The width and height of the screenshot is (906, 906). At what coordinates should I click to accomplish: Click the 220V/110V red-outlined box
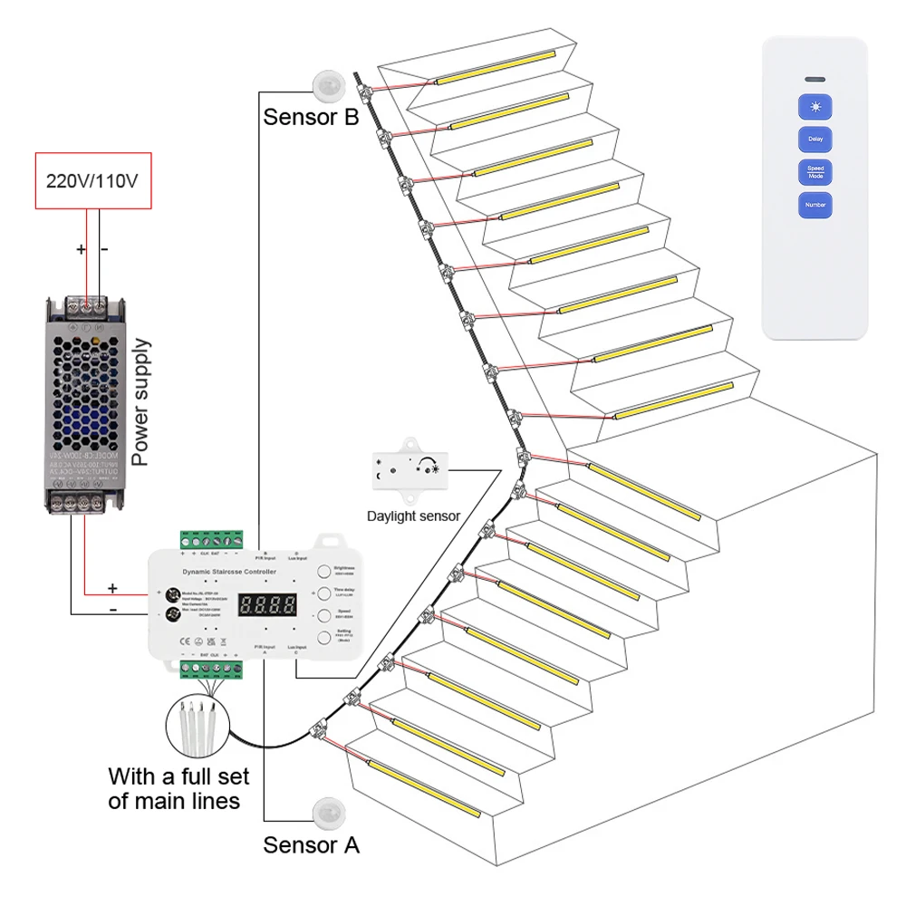point(92,180)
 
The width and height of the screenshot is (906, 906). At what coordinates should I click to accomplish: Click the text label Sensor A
point(311,845)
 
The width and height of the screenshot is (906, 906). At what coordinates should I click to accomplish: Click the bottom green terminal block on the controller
point(211,670)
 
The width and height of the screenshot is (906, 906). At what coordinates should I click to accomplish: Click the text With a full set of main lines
point(178,788)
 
